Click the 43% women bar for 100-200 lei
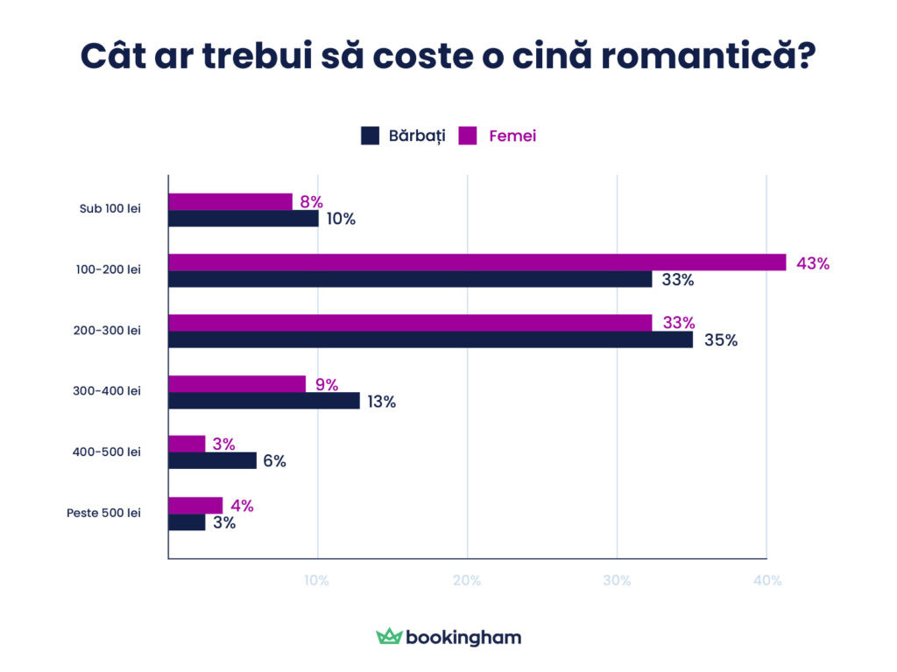tap(477, 262)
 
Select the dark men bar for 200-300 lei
tap(430, 339)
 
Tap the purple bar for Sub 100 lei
tap(230, 202)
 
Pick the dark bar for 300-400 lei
tap(264, 401)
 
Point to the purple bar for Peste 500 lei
tap(195, 505)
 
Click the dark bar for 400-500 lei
tap(212, 461)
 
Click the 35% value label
tap(721, 340)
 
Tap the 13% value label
tap(381, 402)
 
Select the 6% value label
tap(274, 461)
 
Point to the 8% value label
tap(311, 202)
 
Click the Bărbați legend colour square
tap(370, 136)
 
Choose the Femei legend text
tap(512, 136)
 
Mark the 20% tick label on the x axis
tap(467, 581)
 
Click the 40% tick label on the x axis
tap(767, 581)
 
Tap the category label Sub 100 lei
tap(109, 209)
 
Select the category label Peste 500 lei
tap(103, 513)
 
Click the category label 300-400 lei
tap(107, 391)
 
